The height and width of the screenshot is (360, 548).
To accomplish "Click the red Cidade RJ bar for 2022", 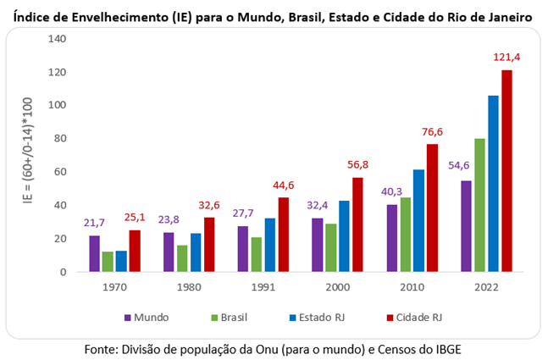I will [506, 171].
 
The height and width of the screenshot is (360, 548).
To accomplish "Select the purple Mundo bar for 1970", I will [95, 253].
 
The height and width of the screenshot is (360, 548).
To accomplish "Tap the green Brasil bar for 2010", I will [405, 235].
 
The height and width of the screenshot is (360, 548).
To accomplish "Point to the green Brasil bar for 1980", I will [182, 258].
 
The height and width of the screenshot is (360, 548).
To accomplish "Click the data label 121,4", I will [506, 58].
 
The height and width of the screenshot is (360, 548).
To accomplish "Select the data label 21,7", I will [95, 223].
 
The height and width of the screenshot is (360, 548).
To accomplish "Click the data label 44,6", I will [284, 186].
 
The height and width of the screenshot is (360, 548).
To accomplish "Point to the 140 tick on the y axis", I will [57, 39].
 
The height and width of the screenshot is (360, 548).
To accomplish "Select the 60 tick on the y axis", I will [60, 172].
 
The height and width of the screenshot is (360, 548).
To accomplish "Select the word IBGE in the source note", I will [450, 348].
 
